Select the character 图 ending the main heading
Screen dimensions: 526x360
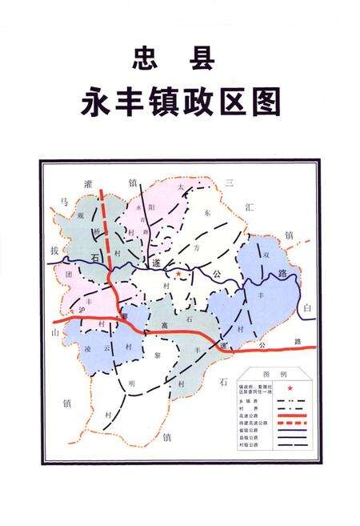[267, 104]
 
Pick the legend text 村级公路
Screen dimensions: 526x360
[241, 449]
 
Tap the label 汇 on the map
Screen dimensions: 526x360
[249, 207]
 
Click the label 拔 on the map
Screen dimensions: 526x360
[54, 251]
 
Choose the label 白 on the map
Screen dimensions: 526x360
[307, 307]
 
